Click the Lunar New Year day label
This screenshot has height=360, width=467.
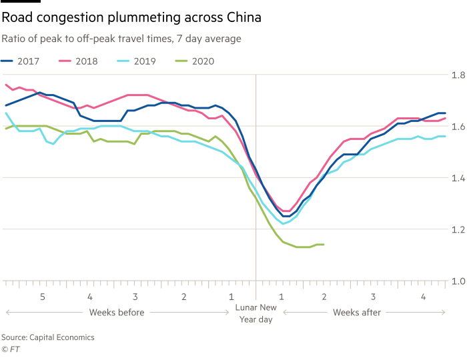pyautogui.click(x=256, y=313)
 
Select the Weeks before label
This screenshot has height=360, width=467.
pyautogui.click(x=116, y=312)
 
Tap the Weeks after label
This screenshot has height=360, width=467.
pyautogui.click(x=357, y=312)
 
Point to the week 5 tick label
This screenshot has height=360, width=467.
pyautogui.click(x=43, y=296)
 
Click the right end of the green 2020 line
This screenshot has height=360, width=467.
pyautogui.click(x=324, y=245)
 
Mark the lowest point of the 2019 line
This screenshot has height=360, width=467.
pyautogui.click(x=283, y=224)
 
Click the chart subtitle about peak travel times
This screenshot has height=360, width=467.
pyautogui.click(x=121, y=39)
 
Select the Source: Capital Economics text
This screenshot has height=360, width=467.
pyautogui.click(x=47, y=337)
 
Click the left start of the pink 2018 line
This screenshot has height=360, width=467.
pyautogui.click(x=5, y=85)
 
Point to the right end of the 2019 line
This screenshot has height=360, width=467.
pyautogui.click(x=445, y=137)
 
